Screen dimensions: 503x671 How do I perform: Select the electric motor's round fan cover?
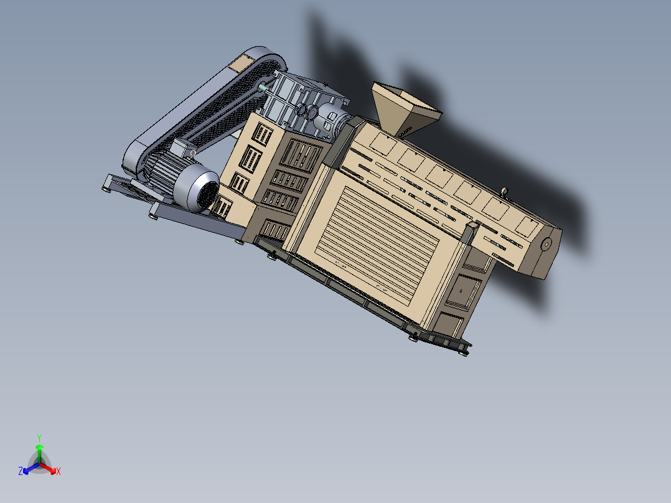click(200, 189)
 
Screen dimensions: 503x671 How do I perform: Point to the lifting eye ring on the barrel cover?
click(505, 190)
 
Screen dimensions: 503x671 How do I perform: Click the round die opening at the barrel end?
click(547, 243)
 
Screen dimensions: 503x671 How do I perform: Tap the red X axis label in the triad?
click(59, 471)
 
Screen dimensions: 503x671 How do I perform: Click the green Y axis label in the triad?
click(39, 438)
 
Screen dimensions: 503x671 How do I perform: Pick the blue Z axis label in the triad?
click(21, 471)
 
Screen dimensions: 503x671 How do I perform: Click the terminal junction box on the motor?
click(182, 148)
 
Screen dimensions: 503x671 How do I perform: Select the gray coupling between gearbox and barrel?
click(330, 121)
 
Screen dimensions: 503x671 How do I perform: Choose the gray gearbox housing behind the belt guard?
click(299, 100)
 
